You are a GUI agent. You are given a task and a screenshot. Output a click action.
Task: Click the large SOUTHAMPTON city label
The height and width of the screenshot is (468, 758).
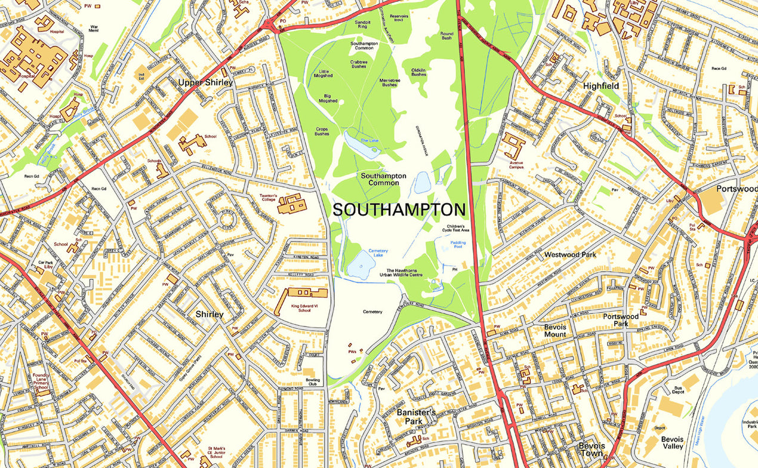[x=399, y=210]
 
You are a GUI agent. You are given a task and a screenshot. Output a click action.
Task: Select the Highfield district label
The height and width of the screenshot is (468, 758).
[x=601, y=86]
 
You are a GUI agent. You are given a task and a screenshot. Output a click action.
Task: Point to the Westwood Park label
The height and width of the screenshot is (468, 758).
[x=570, y=255]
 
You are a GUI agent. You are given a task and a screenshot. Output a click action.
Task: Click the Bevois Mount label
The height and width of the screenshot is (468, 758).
[x=554, y=331]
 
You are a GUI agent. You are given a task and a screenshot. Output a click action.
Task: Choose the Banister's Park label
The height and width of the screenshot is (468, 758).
[x=416, y=416]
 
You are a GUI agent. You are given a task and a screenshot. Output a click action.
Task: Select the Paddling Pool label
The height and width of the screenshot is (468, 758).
[x=458, y=245]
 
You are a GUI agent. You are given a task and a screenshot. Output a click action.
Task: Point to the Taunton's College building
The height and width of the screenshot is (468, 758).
[x=292, y=204]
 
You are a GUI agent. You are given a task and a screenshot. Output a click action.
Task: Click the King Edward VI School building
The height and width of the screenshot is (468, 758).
[x=303, y=294]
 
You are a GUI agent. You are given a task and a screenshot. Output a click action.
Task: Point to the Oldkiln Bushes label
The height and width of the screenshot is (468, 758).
[x=418, y=72]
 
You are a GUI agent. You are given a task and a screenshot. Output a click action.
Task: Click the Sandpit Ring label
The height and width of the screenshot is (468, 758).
[x=363, y=24]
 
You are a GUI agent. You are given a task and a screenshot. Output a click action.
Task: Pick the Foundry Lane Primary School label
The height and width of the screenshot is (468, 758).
[x=41, y=381]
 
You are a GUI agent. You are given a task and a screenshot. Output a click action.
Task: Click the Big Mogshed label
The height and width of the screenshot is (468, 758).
[x=327, y=98]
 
